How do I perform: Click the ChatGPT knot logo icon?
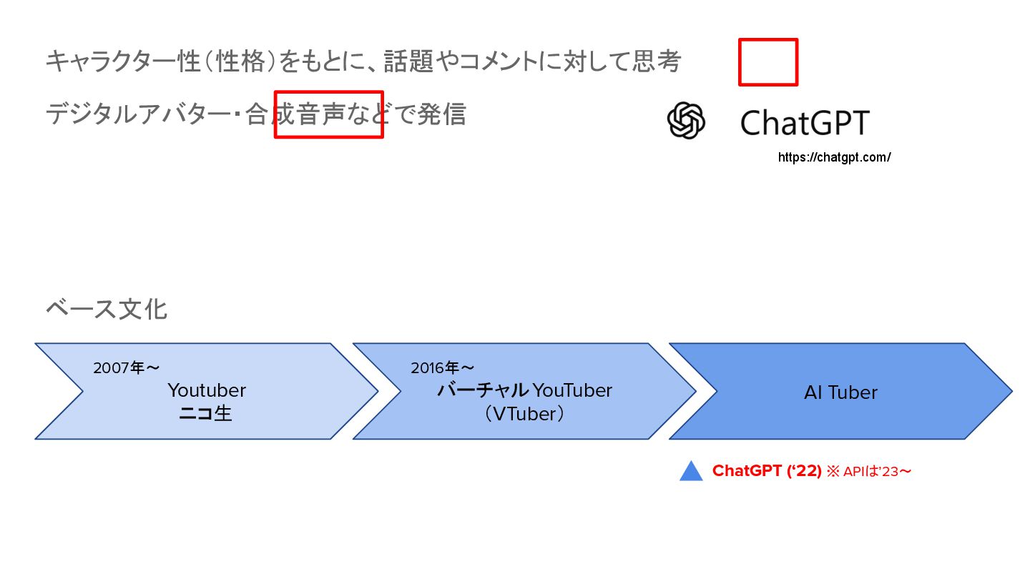pos(686,120)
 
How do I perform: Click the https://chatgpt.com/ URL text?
pos(834,157)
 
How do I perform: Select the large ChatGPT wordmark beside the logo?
pos(805,122)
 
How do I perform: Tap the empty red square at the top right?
pos(768,62)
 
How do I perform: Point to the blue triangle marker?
pos(691,472)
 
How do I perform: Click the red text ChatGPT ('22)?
pos(767,471)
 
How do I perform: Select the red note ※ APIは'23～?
pos(869,472)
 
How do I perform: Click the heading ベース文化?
pos(107,310)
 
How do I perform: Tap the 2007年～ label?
pos(127,368)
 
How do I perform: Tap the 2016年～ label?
pos(443,368)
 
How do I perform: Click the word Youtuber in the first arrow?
pos(207,390)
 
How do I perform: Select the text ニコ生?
pos(205,413)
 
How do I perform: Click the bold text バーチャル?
pos(483,390)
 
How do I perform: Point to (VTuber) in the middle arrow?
pos(524,413)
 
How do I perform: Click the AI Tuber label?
pos(840,392)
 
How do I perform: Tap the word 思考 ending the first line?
pos(656,62)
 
